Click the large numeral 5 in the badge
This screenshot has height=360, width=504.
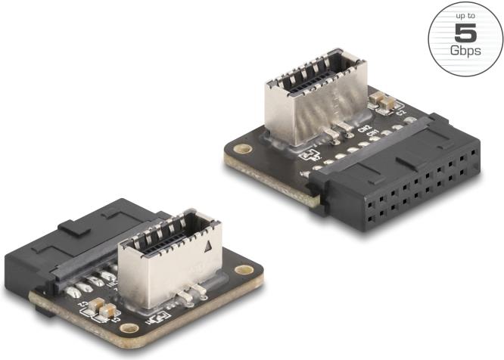[465, 34]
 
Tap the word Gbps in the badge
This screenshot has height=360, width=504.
[465, 51]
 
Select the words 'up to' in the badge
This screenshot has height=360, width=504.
[465, 16]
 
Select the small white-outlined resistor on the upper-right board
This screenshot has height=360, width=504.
[311, 154]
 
